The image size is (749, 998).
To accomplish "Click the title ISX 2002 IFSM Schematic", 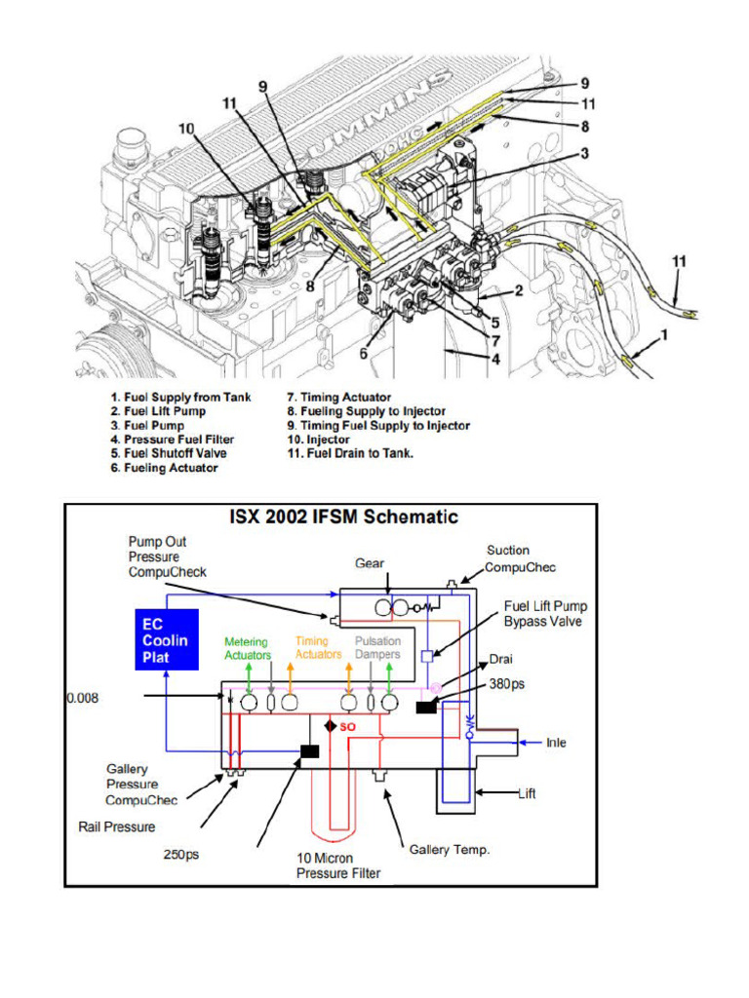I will [x=343, y=518].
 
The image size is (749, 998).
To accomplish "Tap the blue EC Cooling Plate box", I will [x=166, y=641].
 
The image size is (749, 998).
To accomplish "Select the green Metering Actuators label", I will [x=247, y=648].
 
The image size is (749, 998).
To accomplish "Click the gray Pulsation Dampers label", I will [x=377, y=648].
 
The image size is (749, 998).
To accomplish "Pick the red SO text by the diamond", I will [x=348, y=727].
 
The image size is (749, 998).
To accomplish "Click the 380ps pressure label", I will [x=507, y=684].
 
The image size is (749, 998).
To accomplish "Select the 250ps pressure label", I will [x=180, y=855].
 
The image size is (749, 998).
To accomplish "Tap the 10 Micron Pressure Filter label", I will [x=338, y=865].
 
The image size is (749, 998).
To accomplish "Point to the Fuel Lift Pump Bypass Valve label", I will [x=545, y=613].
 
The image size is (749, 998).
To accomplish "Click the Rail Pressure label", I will [x=116, y=827].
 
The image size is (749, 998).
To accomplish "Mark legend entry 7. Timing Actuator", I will [x=338, y=398].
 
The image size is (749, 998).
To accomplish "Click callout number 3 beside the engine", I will [x=584, y=153].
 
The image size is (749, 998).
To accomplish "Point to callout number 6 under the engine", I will [x=363, y=354].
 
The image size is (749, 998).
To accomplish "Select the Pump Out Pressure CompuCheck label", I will [x=167, y=557].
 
